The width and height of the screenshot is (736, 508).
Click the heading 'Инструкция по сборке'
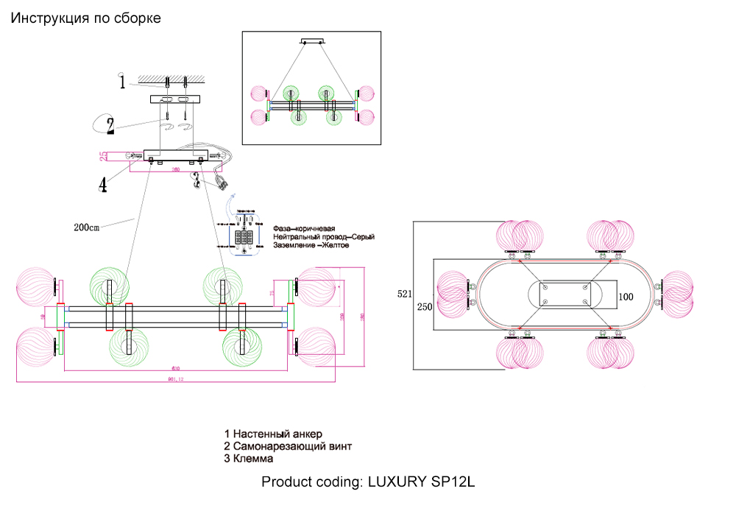(85, 18)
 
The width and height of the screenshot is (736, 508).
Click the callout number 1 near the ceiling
(122, 81)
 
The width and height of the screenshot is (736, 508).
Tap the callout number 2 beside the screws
(110, 126)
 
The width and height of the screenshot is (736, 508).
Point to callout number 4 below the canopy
(103, 184)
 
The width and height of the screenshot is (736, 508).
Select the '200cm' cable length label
(86, 227)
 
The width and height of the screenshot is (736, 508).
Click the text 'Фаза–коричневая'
(304, 228)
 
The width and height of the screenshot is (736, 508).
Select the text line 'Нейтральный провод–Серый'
(324, 237)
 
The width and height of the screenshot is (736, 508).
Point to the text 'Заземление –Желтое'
(311, 246)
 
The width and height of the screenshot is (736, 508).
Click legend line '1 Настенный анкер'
(273, 434)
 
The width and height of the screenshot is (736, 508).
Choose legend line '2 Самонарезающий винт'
(288, 446)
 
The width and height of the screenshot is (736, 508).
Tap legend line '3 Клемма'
(249, 458)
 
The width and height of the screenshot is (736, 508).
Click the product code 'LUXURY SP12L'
(422, 483)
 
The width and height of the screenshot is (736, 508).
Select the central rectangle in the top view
(565, 294)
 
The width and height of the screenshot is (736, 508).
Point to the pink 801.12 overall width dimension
(174, 379)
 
